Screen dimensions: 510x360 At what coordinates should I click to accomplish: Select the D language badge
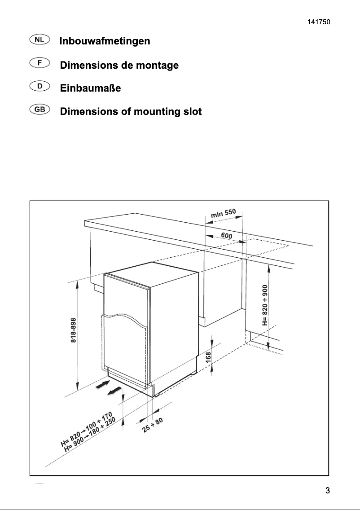pyautogui.click(x=40, y=86)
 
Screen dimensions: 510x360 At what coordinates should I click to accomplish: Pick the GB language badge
pyautogui.click(x=40, y=109)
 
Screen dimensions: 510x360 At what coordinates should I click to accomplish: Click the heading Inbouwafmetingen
pyautogui.click(x=105, y=41)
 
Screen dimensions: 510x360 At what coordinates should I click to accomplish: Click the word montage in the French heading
pyautogui.click(x=157, y=66)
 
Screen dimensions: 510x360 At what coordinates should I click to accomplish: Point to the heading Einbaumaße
pyautogui.click(x=90, y=88)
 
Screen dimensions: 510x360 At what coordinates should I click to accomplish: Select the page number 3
pyautogui.click(x=327, y=490)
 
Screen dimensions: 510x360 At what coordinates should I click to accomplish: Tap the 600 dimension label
pyautogui.click(x=227, y=235)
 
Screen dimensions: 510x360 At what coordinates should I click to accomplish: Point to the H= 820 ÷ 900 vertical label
pyautogui.click(x=264, y=305)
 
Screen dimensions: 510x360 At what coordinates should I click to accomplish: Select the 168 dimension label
pyautogui.click(x=208, y=358)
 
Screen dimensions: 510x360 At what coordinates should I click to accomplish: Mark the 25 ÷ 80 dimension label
pyautogui.click(x=153, y=425)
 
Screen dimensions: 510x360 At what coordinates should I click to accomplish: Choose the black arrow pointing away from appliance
pyautogui.click(x=115, y=391)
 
